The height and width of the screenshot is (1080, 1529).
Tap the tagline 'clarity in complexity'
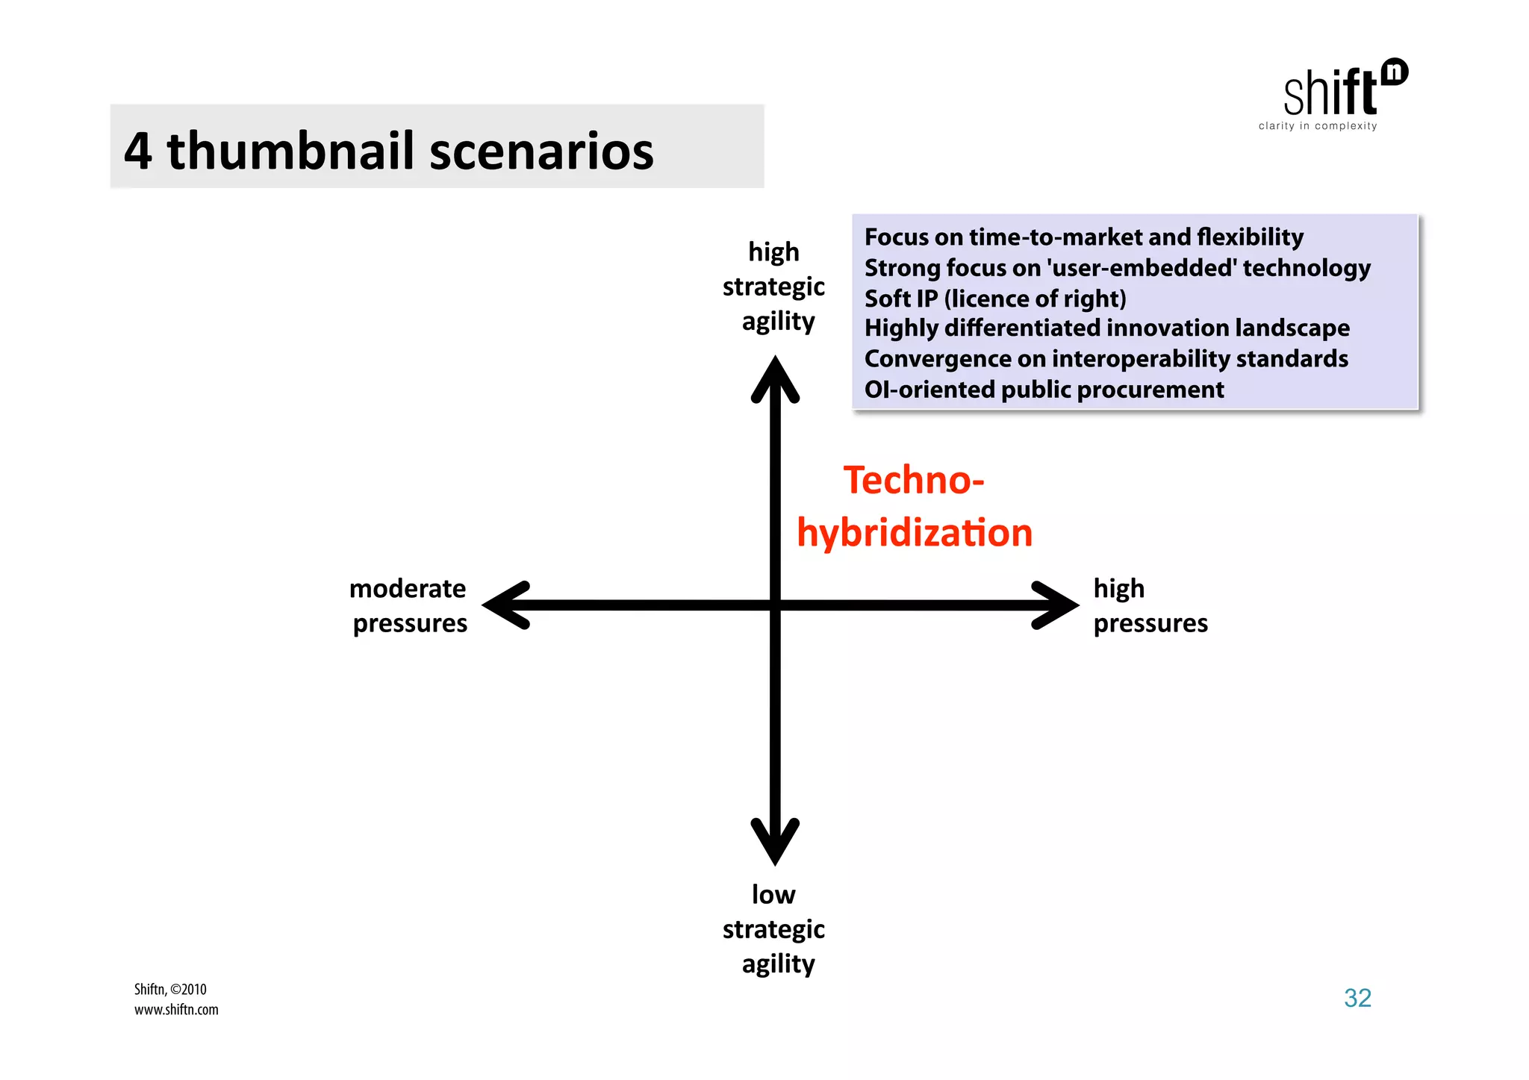point(1318,126)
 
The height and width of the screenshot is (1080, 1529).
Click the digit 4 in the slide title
point(138,151)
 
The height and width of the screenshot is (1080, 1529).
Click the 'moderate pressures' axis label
point(409,605)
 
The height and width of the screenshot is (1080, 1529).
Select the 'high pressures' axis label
point(1150,605)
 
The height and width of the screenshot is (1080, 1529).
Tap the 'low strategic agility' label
point(774,929)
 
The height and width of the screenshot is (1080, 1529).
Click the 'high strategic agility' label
point(774,287)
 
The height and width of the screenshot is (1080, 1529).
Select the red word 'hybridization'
point(915,533)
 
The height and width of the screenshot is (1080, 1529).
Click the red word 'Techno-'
point(913,480)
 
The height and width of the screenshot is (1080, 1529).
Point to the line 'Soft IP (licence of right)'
point(995,299)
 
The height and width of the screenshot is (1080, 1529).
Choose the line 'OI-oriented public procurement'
point(1044,390)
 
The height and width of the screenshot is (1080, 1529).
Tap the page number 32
point(1357,998)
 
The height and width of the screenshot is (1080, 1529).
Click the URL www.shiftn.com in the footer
point(176,1010)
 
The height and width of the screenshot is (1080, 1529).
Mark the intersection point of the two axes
point(775,605)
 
